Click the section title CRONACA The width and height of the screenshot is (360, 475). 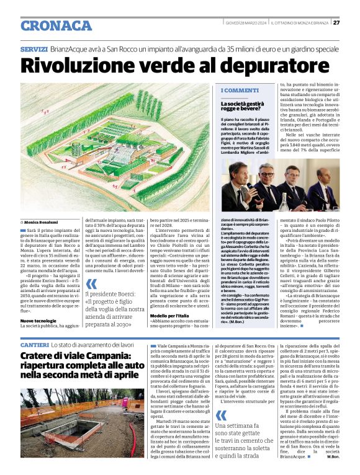pyautogui.click(x=56, y=25)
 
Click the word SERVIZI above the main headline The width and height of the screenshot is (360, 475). pyautogui.click(x=34, y=48)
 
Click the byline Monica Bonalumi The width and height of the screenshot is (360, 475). pyautogui.click(x=43, y=221)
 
